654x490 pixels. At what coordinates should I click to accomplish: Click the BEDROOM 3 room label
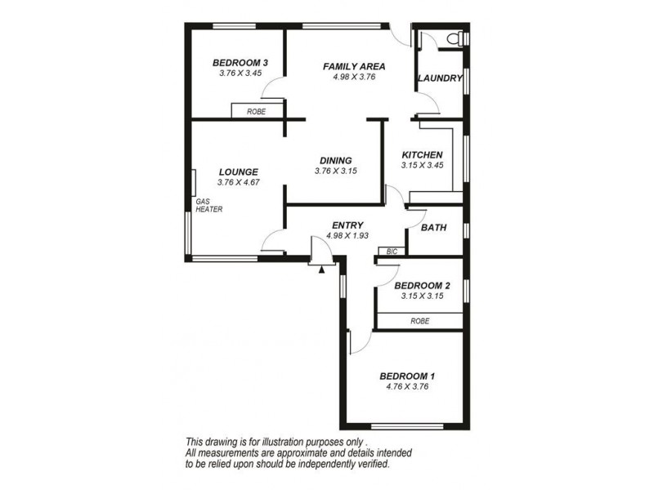point(240,63)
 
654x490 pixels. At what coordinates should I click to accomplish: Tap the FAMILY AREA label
point(353,66)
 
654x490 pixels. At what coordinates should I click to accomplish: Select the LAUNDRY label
point(440,78)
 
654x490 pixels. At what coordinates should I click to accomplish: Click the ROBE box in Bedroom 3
point(257,110)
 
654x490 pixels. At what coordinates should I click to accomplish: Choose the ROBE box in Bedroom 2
point(419,322)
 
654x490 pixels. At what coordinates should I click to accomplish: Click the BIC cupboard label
point(392,252)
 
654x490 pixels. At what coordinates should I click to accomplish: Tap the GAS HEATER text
point(208,205)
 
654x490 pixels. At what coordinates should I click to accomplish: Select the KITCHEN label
point(422,155)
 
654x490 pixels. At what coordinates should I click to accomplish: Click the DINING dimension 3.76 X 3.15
point(335,171)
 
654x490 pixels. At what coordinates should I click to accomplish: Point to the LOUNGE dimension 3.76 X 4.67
point(239,183)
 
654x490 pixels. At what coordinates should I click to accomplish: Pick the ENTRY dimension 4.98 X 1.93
point(347,236)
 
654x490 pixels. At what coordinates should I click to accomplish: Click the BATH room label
point(433,228)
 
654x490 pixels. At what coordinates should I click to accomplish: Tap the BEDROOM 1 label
point(407,376)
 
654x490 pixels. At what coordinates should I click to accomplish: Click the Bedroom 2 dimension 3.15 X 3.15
point(422,296)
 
